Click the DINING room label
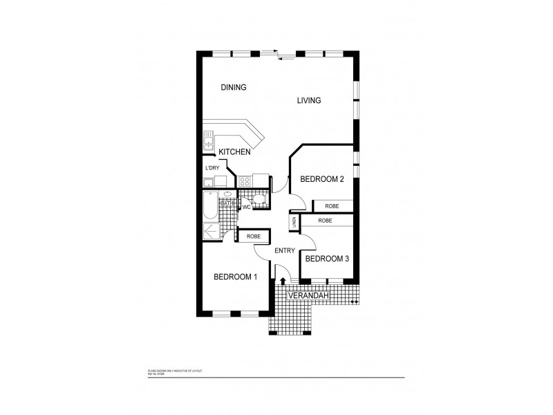pos(234,87)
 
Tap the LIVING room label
pos(309,100)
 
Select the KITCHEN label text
pos(234,151)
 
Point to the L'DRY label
pos(212,168)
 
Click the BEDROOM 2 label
pos(321,179)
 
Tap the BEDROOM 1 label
pos(235,277)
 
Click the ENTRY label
pos(284,250)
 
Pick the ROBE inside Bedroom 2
pos(332,206)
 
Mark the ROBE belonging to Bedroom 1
pos(253,236)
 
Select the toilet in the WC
pos(258,201)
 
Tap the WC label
pos(245,206)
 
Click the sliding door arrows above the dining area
pos(278,54)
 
